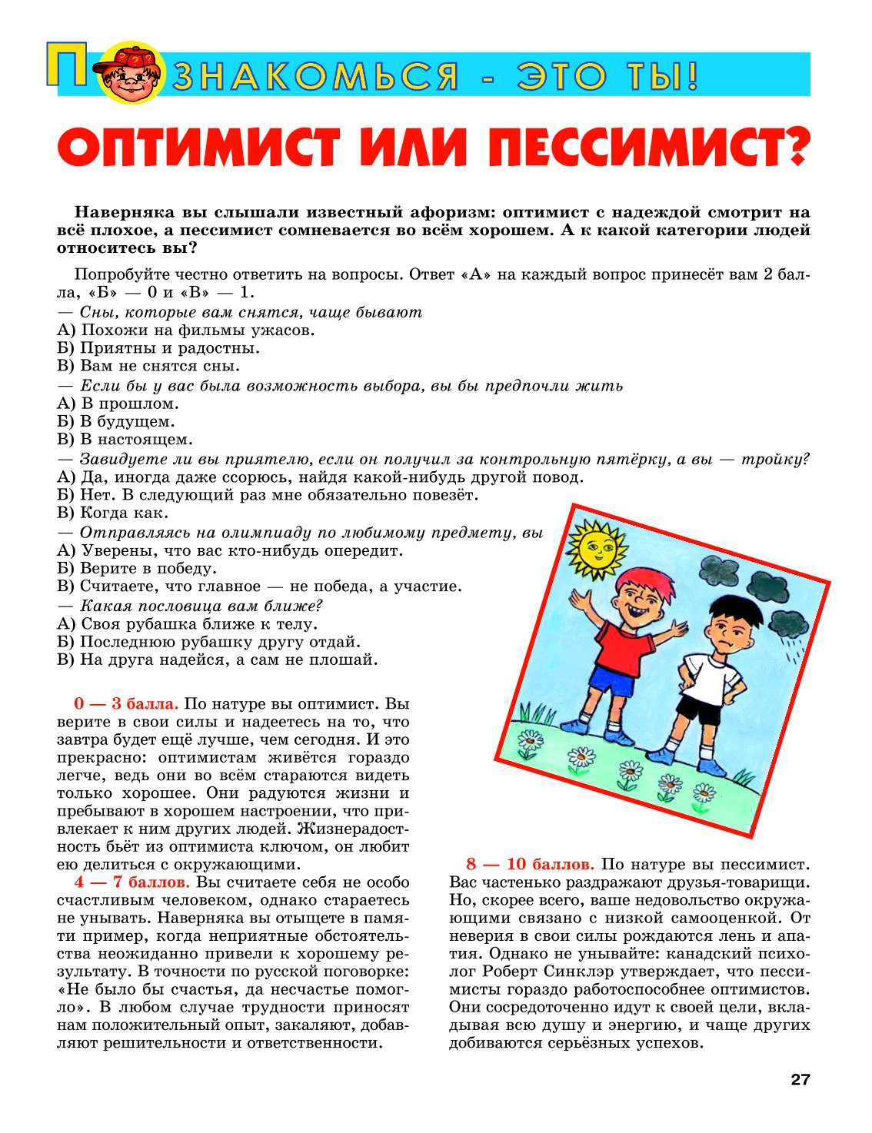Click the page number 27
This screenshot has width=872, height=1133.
(x=800, y=1079)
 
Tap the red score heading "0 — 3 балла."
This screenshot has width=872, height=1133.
(x=127, y=704)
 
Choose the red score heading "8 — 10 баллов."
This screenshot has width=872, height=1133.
(x=530, y=865)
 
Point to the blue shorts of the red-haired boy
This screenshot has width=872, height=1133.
(x=611, y=681)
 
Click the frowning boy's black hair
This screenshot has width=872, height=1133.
(x=734, y=611)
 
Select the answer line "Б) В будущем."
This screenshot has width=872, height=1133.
(x=116, y=421)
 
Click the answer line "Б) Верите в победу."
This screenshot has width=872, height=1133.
(x=138, y=569)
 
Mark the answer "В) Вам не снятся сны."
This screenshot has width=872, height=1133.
(x=148, y=366)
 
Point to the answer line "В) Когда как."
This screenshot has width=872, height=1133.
(x=113, y=513)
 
